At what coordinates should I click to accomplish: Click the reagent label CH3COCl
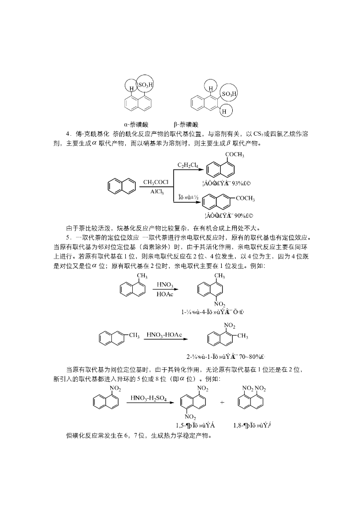tap(156, 182)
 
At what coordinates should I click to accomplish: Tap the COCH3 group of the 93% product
tap(235, 155)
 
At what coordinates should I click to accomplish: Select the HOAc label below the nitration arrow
tap(165, 294)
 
